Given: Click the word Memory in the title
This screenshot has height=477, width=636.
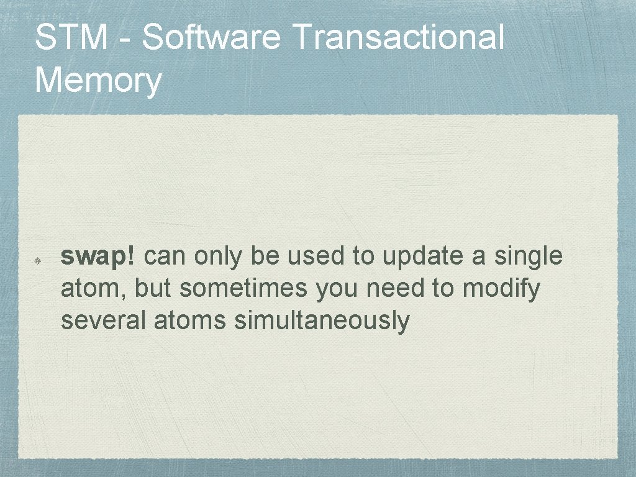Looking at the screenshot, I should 99,81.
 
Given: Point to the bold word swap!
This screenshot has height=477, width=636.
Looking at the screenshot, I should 102,257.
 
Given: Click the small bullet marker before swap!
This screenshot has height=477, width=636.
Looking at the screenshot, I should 38,262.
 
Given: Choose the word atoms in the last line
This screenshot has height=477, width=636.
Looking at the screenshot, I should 191,321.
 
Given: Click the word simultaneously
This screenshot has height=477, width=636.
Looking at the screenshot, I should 322,321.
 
